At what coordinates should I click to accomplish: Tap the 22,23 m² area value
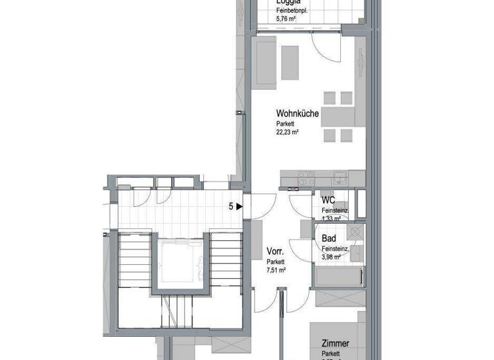point(288,132)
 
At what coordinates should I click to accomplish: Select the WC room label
point(328,200)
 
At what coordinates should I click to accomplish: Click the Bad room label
point(329,239)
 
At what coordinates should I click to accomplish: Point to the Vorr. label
point(275,252)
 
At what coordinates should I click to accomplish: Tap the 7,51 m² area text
point(277,271)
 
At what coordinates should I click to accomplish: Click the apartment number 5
point(230,206)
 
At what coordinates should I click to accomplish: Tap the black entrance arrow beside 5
point(239,206)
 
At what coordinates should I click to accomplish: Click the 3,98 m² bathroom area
point(333,257)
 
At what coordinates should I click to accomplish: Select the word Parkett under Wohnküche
point(286,123)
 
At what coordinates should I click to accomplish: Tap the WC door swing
point(300,205)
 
